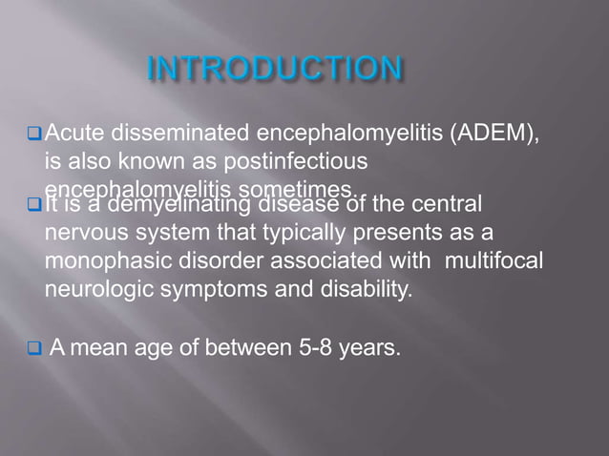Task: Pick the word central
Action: [446, 204]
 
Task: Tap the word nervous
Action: [82, 233]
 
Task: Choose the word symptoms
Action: [199, 289]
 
